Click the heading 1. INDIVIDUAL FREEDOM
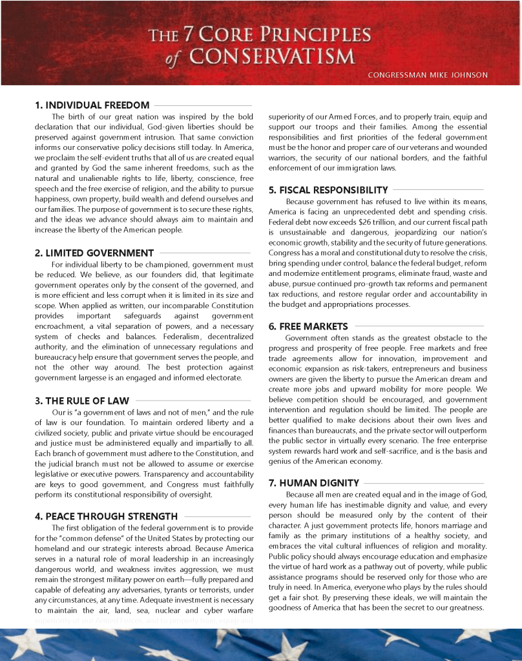[x=92, y=105]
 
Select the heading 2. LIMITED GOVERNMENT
[x=94, y=253]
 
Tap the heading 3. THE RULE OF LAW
[x=82, y=401]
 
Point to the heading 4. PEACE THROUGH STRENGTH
[x=106, y=516]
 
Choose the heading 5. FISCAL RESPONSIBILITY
[x=328, y=190]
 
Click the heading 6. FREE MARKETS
[x=308, y=327]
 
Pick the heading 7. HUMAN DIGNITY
[x=313, y=483]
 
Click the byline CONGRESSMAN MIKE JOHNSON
[x=427, y=75]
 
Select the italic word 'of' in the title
[x=172, y=59]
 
